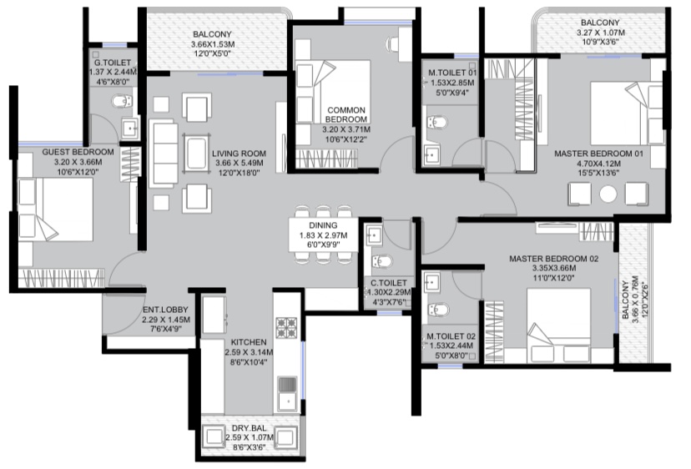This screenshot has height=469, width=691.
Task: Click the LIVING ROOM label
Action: coord(239,154)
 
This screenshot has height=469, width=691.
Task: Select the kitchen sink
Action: coord(287,394)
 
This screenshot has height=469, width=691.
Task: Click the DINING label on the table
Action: coord(323,225)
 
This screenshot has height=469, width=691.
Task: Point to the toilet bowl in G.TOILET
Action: coord(122,102)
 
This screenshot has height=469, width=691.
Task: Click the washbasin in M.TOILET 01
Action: coord(431,154)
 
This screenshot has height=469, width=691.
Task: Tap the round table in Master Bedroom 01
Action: coord(608,194)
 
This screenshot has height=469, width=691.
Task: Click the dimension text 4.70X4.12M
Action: coord(599,163)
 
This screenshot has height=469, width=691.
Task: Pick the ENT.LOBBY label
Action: coord(165,310)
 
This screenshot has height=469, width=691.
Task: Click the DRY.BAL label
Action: coord(249,428)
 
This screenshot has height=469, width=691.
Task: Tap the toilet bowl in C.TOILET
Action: coord(381,262)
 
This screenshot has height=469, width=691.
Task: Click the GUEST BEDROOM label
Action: coord(78,152)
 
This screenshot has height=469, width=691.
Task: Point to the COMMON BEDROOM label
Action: coord(346,114)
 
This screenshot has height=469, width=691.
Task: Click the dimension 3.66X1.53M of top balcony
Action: coord(213,44)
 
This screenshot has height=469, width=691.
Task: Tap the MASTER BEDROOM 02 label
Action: coord(554,259)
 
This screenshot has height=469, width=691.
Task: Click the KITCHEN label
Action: coord(249,342)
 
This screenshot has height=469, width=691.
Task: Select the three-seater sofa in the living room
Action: coord(164,154)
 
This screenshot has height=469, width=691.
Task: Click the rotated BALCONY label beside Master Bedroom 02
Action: coord(625,300)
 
